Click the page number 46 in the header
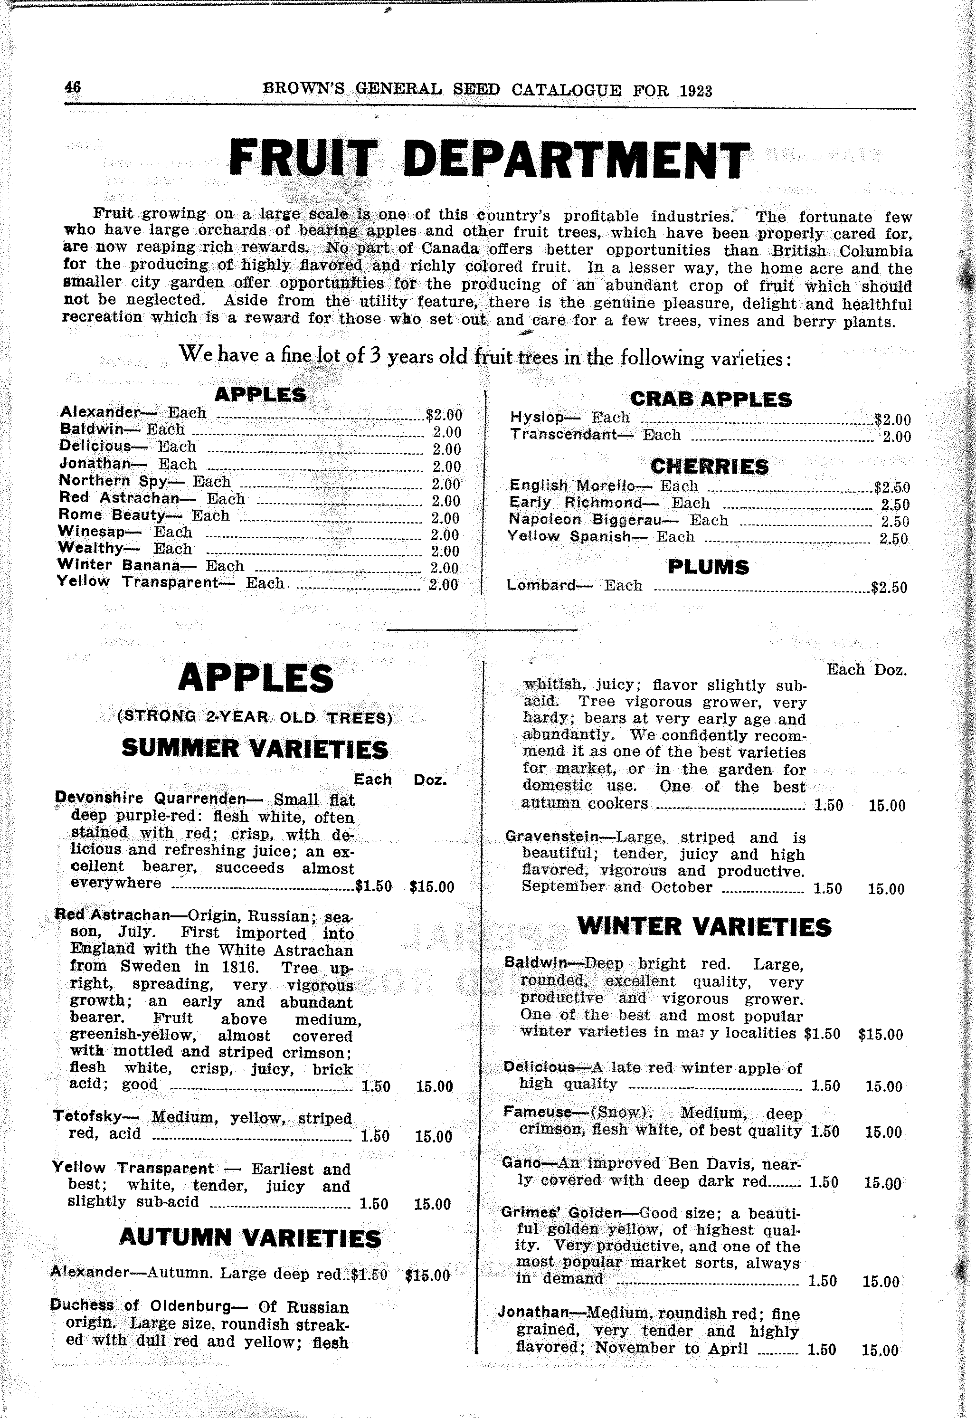tap(73, 87)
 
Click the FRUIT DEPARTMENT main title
tap(489, 159)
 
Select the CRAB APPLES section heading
tap(711, 400)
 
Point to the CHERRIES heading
tap(710, 466)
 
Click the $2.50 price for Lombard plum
tap(889, 588)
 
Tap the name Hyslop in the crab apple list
tap(537, 418)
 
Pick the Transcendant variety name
tap(563, 435)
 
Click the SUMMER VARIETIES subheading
tap(255, 749)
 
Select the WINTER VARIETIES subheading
tap(704, 926)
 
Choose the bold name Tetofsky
tap(87, 1116)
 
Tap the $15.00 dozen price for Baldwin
tap(881, 1035)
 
